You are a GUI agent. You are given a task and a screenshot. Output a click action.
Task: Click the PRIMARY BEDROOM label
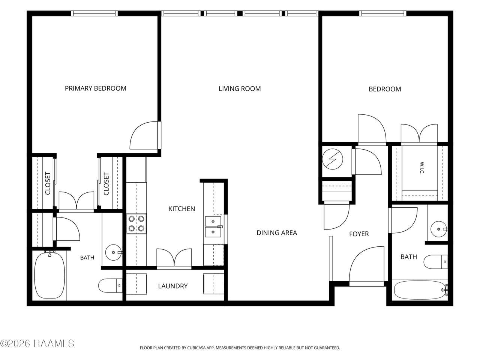(96, 88)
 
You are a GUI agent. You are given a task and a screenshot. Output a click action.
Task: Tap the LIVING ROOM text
(240, 89)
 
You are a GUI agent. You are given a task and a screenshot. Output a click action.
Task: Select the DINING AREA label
(277, 233)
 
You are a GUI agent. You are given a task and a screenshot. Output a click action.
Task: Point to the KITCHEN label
(181, 209)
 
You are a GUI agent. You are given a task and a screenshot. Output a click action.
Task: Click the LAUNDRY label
(173, 286)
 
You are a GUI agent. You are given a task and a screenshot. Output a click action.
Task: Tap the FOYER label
(359, 234)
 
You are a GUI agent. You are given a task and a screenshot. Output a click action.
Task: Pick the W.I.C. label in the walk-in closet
(422, 168)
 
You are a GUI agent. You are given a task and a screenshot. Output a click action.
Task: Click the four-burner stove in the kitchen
(136, 223)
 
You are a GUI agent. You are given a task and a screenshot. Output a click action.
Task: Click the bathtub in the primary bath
(49, 275)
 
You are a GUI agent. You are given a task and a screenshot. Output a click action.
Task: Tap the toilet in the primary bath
(110, 285)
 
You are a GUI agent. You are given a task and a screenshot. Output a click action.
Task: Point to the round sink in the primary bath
(114, 252)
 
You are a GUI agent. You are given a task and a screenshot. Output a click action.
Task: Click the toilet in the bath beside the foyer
(436, 262)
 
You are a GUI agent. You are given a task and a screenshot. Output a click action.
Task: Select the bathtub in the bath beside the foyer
(420, 290)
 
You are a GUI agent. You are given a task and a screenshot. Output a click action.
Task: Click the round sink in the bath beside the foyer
(439, 229)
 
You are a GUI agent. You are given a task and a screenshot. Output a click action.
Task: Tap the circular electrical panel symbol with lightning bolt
(332, 159)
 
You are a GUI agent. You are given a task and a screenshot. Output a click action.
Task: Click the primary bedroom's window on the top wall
(94, 13)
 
